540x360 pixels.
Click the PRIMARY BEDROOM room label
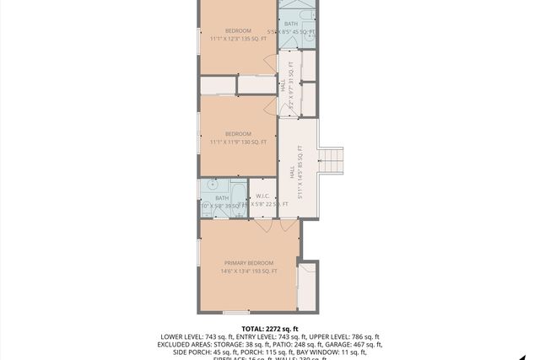(250, 263)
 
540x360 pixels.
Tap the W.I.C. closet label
(262, 197)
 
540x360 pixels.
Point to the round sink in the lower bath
(212, 184)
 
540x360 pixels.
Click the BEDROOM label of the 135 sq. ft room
(238, 30)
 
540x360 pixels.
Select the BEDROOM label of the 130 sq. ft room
(238, 134)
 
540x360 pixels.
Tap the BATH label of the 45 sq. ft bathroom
(291, 24)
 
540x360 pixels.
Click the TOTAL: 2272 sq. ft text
(270, 328)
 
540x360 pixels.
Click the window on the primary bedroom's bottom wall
(236, 313)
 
